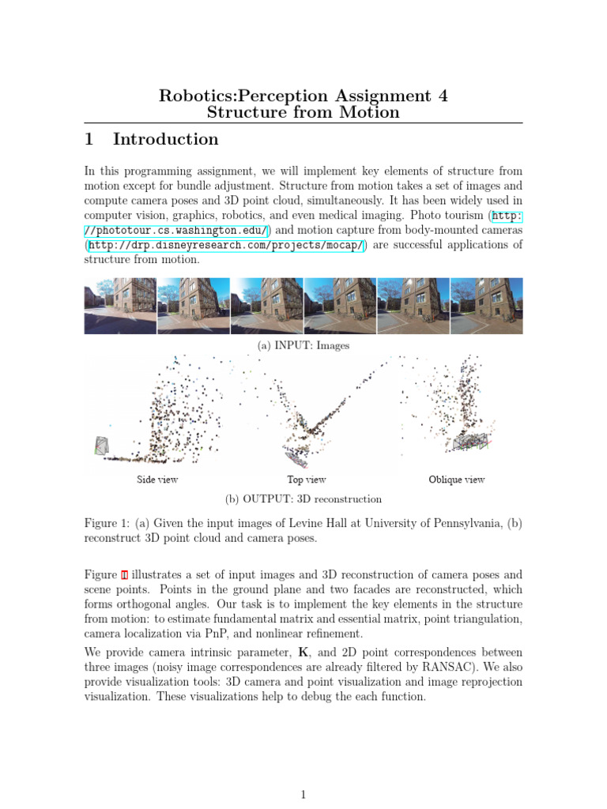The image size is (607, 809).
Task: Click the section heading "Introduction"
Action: tap(165, 140)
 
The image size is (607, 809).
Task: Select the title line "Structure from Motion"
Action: tap(303, 112)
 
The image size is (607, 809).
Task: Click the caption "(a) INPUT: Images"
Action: tap(303, 345)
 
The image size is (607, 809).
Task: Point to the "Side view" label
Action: tap(157, 480)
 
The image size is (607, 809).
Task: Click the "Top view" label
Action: tap(306, 480)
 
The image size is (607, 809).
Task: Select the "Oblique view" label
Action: tap(456, 480)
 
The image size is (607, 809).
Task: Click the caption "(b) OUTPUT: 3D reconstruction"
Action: tap(303, 499)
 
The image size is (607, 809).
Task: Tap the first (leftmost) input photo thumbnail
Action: tap(120, 306)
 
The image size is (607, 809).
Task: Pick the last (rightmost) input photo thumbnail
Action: tap(486, 306)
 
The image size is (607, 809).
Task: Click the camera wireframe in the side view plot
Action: tap(100, 447)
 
